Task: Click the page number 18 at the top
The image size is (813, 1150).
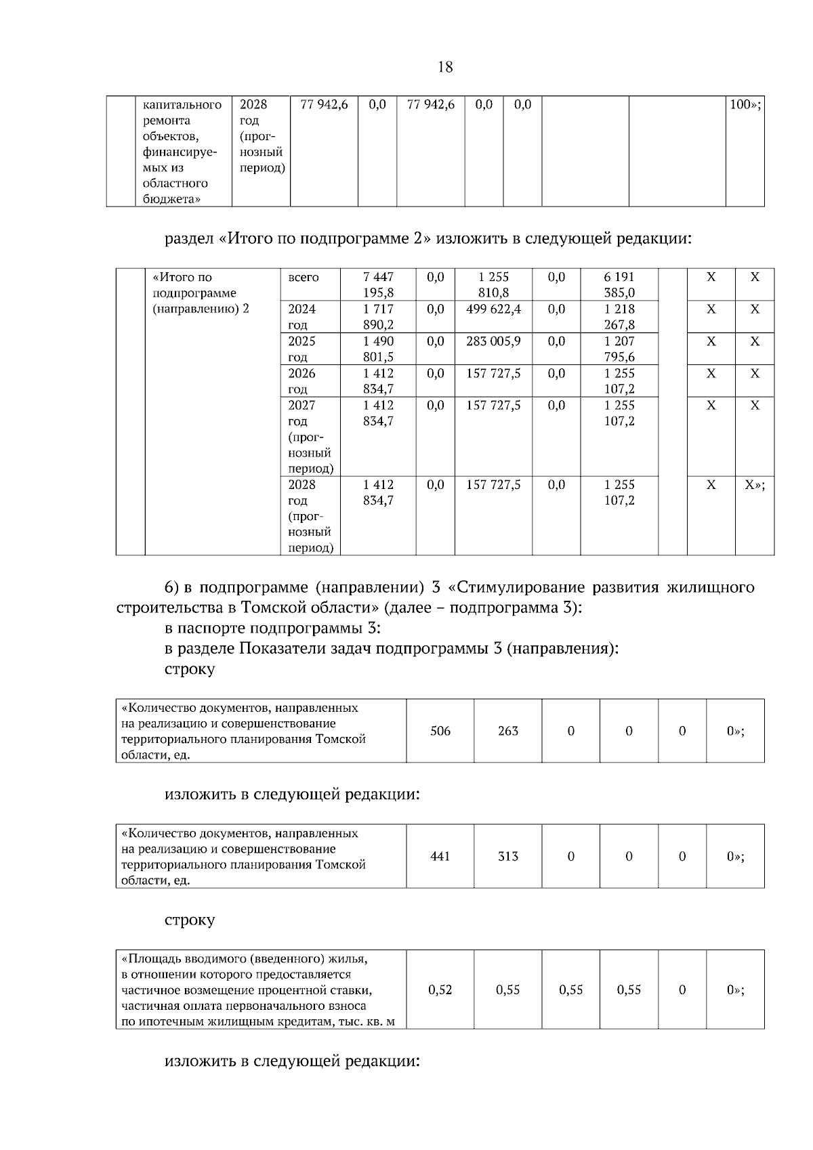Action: [445, 67]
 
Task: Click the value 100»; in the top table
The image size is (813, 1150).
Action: [745, 105]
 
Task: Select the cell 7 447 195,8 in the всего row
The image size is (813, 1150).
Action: [378, 285]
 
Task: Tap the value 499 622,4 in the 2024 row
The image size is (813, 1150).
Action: [493, 310]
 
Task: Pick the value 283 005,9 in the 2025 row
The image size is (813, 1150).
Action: [493, 341]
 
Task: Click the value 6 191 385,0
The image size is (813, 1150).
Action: [619, 285]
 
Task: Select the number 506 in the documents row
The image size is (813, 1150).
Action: [440, 731]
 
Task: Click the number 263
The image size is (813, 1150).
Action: [507, 731]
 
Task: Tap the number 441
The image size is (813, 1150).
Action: [440, 856]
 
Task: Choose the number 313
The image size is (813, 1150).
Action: [507, 856]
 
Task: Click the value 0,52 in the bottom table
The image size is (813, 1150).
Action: [440, 989]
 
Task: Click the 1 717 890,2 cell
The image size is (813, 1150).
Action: [378, 317]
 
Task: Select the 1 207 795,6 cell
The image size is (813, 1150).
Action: [619, 349]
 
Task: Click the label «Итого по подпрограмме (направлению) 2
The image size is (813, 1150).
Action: [201, 293]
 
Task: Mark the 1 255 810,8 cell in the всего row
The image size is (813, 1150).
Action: [493, 285]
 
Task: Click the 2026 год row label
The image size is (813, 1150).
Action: [301, 381]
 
